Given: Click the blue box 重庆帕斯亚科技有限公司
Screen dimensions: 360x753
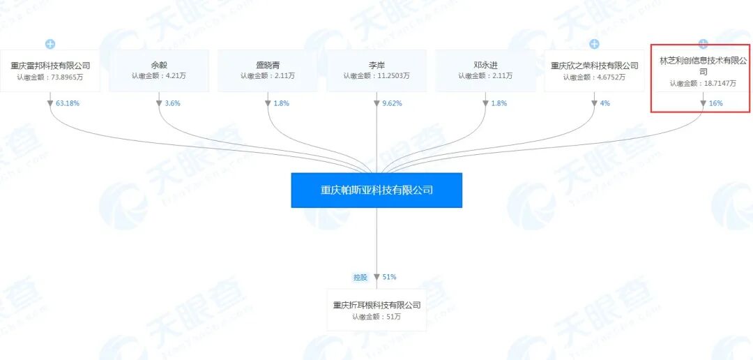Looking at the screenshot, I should pyautogui.click(x=376, y=190).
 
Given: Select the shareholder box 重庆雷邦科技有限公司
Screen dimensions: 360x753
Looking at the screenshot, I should pyautogui.click(x=50, y=70).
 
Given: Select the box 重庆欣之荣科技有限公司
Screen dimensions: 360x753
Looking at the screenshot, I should pyautogui.click(x=594, y=70).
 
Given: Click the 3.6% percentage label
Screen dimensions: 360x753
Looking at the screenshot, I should pyautogui.click(x=172, y=103).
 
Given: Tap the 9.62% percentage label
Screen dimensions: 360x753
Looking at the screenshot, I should pyautogui.click(x=390, y=103).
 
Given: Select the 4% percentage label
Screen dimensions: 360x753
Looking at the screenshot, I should pyautogui.click(x=604, y=103).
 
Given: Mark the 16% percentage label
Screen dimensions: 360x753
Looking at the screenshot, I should pyautogui.click(x=715, y=103).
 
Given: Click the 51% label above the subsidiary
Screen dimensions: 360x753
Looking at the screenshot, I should pyautogui.click(x=389, y=277).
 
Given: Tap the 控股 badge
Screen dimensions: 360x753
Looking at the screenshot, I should pyautogui.click(x=360, y=277).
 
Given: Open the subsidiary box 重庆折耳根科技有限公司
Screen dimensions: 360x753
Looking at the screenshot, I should pyautogui.click(x=376, y=310).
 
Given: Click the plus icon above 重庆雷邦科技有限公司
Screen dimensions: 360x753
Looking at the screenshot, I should pyautogui.click(x=50, y=44).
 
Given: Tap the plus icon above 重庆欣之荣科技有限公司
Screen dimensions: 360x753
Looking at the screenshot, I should pyautogui.click(x=594, y=44).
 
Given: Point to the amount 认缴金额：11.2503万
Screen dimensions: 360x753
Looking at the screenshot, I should pyautogui.click(x=376, y=76).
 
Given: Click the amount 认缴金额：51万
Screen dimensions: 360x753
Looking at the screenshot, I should pyautogui.click(x=376, y=317).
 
